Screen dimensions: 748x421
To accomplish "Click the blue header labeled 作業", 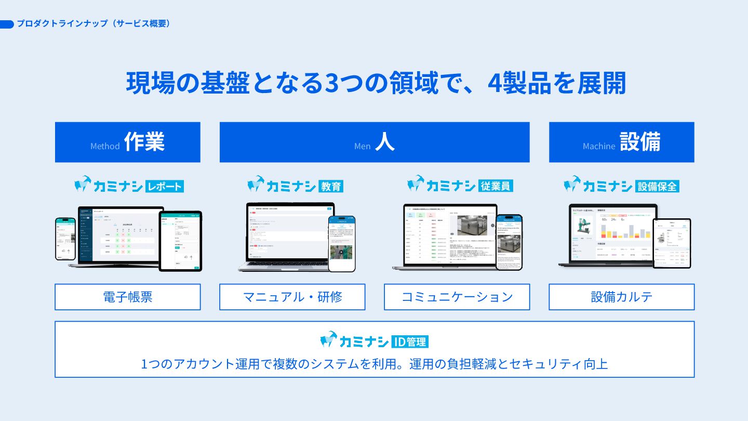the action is tap(128, 142).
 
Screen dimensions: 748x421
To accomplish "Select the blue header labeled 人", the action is tap(375, 142).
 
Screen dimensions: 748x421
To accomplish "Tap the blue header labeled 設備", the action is tap(621, 142).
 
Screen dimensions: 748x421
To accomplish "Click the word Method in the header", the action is tap(105, 147).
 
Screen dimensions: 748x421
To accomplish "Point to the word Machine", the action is tap(599, 147).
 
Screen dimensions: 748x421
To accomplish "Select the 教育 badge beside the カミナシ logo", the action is tap(331, 186).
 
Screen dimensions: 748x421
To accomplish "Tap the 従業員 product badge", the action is tap(496, 186).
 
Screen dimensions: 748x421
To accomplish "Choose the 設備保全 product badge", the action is tap(657, 186).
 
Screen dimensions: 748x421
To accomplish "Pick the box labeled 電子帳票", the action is tap(128, 297).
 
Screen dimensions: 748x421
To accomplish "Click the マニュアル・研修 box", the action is tap(292, 297).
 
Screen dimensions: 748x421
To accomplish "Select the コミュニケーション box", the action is tap(457, 297).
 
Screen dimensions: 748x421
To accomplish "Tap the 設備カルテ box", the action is tap(621, 297).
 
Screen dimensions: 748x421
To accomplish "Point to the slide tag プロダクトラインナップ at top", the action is tap(94, 24).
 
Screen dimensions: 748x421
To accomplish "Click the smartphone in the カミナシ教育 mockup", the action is tap(342, 243).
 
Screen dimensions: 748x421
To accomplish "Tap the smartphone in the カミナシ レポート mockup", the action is tap(65, 239).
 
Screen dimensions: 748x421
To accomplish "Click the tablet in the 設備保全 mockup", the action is tap(672, 243).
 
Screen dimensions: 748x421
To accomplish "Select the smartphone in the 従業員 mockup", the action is tap(509, 242).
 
